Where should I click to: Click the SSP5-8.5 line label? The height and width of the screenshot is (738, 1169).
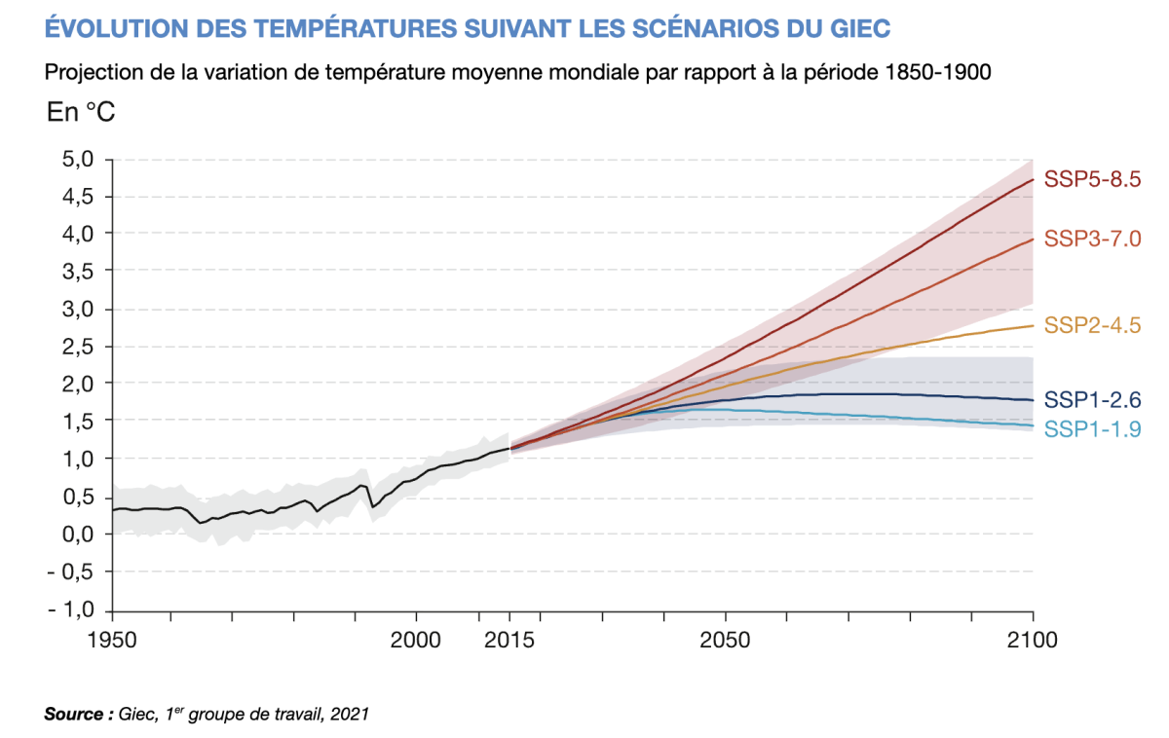click(x=1092, y=179)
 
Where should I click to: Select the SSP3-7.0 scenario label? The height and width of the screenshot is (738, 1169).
click(x=1092, y=239)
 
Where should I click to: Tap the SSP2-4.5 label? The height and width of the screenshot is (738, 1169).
click(x=1092, y=325)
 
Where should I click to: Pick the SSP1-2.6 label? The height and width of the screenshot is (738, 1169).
click(x=1092, y=399)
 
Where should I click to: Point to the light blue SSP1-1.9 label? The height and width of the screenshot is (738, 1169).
click(x=1092, y=429)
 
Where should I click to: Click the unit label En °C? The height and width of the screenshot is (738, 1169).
click(x=81, y=113)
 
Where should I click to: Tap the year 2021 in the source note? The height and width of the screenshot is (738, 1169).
click(x=350, y=715)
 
